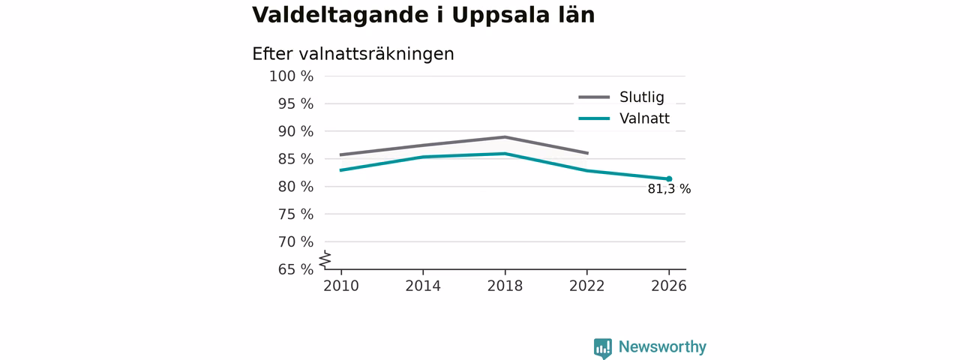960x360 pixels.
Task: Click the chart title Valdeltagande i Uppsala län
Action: pyautogui.click(x=424, y=16)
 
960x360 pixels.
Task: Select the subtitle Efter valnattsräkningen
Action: pyautogui.click(x=353, y=55)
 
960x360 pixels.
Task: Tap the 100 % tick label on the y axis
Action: pyautogui.click(x=292, y=76)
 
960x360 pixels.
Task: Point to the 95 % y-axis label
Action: pyautogui.click(x=295, y=103)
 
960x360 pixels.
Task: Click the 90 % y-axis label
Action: pyautogui.click(x=295, y=131)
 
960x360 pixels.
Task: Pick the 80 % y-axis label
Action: pyautogui.click(x=295, y=187)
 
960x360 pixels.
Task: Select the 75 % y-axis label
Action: pyautogui.click(x=295, y=214)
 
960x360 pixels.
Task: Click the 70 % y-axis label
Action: pyautogui.click(x=295, y=241)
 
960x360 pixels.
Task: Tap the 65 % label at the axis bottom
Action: pyautogui.click(x=295, y=269)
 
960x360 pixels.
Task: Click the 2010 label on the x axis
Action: pyautogui.click(x=341, y=286)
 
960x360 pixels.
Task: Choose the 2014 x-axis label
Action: pyautogui.click(x=423, y=286)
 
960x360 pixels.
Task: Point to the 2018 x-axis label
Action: pyautogui.click(x=505, y=286)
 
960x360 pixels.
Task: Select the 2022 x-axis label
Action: pyautogui.click(x=586, y=286)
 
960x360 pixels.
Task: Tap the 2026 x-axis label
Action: pyautogui.click(x=668, y=286)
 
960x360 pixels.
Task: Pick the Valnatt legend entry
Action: pyautogui.click(x=624, y=118)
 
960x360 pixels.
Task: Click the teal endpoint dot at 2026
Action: pyautogui.click(x=669, y=179)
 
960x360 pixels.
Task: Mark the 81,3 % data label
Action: pyautogui.click(x=669, y=189)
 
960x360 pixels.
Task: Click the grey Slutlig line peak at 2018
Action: pyautogui.click(x=505, y=137)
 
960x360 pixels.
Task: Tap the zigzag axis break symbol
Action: pyautogui.click(x=325, y=259)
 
